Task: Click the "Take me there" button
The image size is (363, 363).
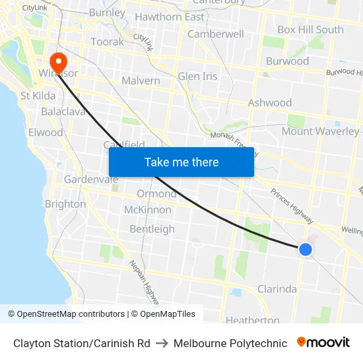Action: [181, 162]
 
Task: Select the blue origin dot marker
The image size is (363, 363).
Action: [305, 249]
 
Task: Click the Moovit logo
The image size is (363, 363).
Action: [323, 343]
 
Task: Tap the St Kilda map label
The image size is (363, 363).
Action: [38, 96]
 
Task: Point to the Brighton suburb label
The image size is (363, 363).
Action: [65, 204]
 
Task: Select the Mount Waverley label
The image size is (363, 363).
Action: [320, 131]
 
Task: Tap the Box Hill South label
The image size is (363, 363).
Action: [310, 30]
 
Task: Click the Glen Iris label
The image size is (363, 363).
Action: [197, 77]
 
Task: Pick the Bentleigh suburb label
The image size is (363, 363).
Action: [152, 229]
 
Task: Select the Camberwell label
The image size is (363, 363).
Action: [216, 34]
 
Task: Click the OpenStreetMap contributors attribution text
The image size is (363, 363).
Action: [66, 314]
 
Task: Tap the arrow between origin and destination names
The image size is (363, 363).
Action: [162, 343]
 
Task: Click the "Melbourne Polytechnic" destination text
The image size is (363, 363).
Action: [230, 343]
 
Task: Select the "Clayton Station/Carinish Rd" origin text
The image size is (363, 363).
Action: [81, 343]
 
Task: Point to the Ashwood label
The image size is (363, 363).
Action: [269, 103]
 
